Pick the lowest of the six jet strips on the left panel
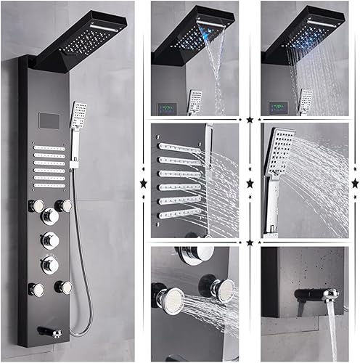pos(49,186)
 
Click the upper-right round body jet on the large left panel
pos(66,205)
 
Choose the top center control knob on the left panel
pos(51,216)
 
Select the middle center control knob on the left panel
pos(51,240)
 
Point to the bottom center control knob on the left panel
pos(51,264)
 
